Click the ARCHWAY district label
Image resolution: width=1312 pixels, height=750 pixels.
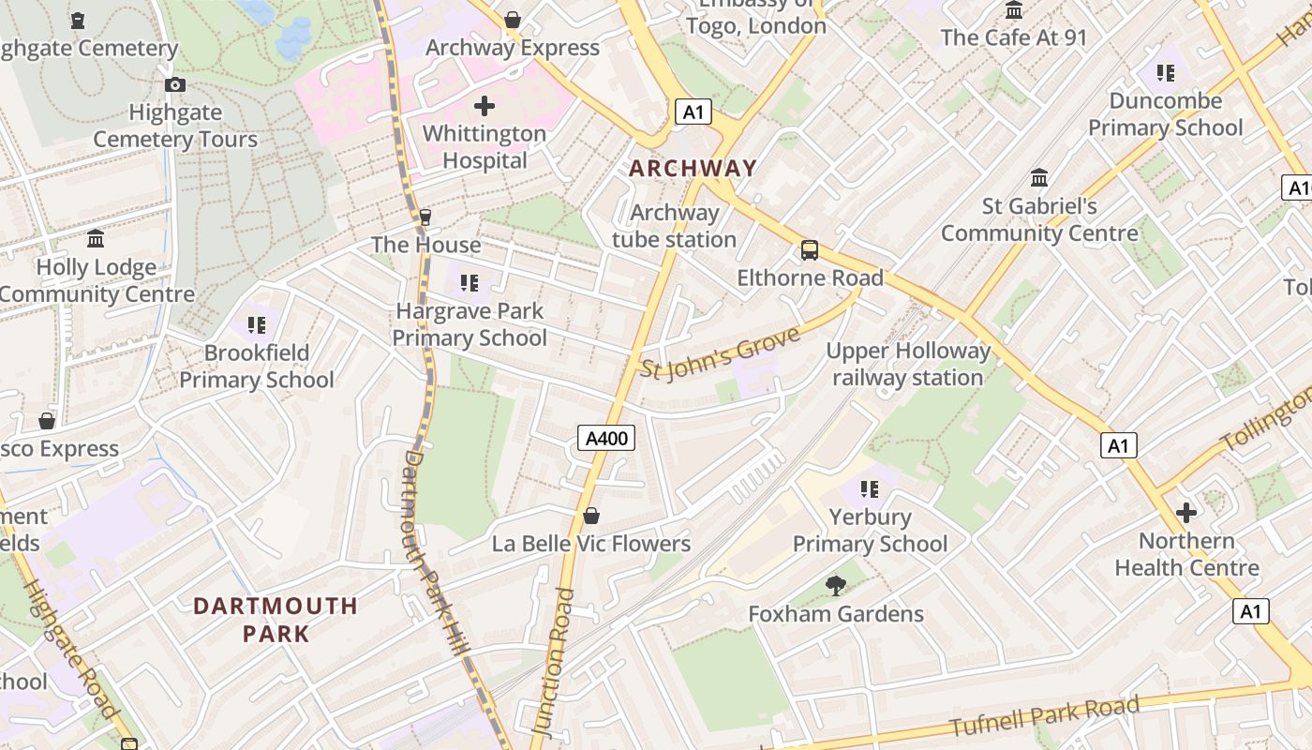693,169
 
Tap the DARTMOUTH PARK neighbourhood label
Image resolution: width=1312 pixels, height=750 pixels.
276,619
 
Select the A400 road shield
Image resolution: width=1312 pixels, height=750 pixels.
606,438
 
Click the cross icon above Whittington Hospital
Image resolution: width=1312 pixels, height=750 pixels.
484,106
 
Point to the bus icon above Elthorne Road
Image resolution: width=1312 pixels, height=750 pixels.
809,250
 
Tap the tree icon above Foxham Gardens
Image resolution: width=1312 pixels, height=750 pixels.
836,586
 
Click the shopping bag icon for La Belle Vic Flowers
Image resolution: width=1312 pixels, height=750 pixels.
591,516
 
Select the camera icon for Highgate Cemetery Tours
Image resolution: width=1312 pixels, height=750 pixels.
174,85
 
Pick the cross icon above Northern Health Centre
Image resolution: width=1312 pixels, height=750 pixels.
1186,513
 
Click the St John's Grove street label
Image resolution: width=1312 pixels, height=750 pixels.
721,352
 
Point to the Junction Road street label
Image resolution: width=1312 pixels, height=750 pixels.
552,661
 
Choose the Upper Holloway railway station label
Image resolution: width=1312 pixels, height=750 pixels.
908,364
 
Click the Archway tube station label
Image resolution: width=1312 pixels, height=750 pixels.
675,226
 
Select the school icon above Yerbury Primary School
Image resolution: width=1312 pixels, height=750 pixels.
870,488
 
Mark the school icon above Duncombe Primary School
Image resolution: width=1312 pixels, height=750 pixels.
1165,72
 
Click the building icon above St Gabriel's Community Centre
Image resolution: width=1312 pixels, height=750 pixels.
1038,178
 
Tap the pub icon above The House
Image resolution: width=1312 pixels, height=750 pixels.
425,217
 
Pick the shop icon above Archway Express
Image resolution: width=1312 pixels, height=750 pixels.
513,20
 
